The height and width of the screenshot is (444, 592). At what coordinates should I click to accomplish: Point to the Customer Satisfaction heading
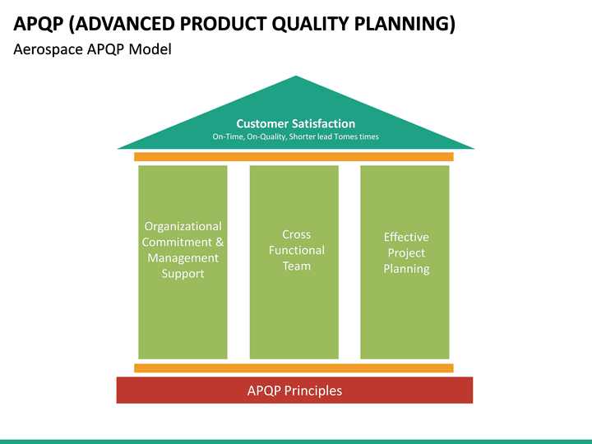[296, 123]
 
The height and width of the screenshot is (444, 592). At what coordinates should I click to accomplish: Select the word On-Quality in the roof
[266, 136]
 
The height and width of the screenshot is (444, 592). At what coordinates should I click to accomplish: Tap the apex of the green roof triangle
[296, 78]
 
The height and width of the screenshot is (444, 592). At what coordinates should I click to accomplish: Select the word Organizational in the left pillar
[183, 226]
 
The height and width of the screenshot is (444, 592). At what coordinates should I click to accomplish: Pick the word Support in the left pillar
[183, 273]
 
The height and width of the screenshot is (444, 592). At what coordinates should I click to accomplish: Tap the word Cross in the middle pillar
[296, 234]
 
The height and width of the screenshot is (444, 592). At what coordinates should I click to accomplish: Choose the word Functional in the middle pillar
[296, 250]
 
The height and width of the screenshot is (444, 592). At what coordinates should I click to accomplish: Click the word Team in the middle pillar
[296, 266]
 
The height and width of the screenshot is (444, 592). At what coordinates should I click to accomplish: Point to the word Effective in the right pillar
[406, 237]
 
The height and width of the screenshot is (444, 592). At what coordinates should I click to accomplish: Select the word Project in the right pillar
[406, 252]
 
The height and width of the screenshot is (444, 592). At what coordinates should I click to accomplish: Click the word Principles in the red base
[313, 391]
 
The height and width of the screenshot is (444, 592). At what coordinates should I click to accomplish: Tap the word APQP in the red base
[264, 391]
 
